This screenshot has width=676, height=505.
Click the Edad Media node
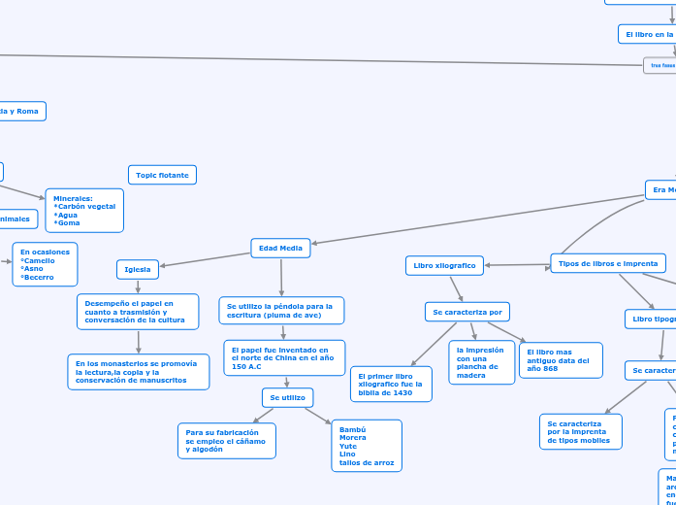click(280, 248)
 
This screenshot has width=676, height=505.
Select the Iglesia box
click(138, 269)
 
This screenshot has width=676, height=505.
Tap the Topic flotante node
click(163, 175)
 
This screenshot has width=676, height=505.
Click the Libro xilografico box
click(444, 265)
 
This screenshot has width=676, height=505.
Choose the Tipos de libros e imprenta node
click(608, 263)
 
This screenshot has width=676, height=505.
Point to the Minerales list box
click(84, 211)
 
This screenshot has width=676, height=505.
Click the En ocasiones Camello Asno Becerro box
click(45, 264)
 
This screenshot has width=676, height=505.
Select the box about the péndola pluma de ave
click(281, 311)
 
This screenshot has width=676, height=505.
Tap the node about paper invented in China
click(284, 357)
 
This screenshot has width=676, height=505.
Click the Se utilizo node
click(287, 397)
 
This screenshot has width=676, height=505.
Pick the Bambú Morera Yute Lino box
click(367, 445)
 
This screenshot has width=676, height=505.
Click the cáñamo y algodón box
click(226, 441)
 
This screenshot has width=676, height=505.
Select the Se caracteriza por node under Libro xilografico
click(467, 312)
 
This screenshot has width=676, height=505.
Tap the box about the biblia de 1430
click(391, 384)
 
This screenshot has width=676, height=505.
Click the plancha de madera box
click(481, 362)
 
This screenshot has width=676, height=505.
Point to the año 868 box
click(561, 360)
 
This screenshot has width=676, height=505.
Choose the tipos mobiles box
click(581, 432)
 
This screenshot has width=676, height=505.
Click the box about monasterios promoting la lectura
click(138, 372)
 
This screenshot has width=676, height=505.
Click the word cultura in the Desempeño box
click(171, 320)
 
